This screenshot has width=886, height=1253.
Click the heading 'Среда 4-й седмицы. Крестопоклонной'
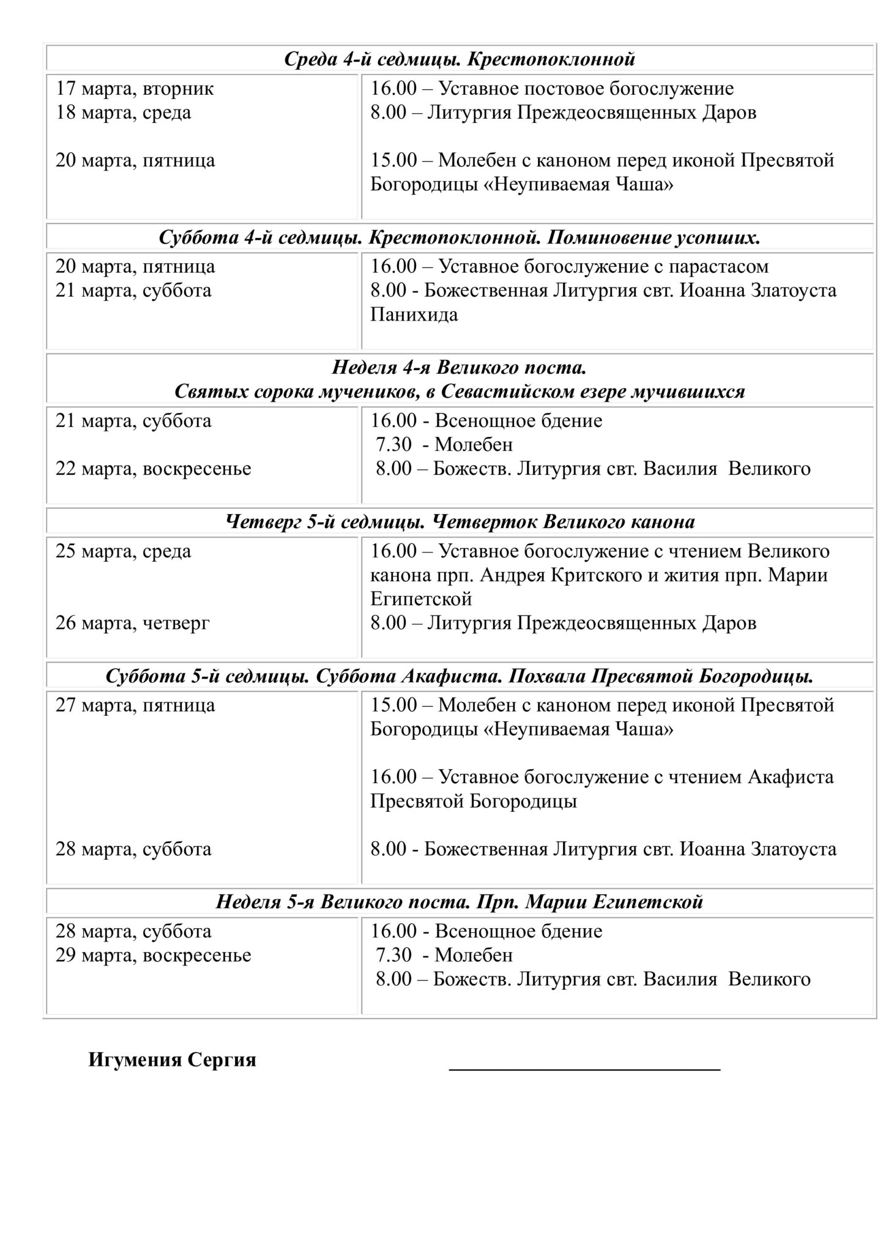click(460, 59)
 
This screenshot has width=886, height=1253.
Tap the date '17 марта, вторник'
click(135, 89)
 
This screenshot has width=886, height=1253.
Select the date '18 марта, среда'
click(123, 113)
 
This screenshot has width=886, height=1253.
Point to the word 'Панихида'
click(414, 314)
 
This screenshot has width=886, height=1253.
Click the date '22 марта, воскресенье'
click(153, 469)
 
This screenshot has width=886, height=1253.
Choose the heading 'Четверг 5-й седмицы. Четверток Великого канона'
click(460, 522)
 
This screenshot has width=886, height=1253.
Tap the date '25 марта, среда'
click(123, 551)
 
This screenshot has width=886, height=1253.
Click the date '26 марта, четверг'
click(132, 623)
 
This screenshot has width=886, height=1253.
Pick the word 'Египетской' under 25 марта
click(421, 598)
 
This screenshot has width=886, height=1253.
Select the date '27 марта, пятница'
click(135, 705)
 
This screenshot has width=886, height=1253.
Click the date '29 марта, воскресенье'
click(153, 955)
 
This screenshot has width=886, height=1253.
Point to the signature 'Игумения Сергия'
click(172, 1060)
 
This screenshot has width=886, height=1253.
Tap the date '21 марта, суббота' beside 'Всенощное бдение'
click(133, 421)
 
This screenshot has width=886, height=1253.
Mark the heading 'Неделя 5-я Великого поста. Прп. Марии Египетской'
click(460, 902)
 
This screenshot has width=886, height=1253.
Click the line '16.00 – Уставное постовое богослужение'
click(552, 89)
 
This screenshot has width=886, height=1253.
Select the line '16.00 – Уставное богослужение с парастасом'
click(569, 267)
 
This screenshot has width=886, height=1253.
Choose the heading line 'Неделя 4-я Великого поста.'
click(460, 368)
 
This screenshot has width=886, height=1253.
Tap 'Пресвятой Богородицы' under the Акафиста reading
click(474, 801)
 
